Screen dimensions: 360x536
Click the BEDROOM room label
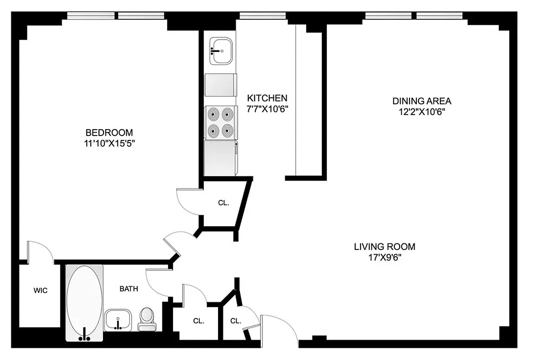point(109,133)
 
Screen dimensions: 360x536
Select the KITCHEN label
point(267,98)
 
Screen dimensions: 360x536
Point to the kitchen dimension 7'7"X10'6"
point(267,108)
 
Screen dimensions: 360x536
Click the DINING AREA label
point(421,101)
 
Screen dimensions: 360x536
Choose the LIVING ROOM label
point(384,247)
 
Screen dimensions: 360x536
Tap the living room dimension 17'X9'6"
point(384,258)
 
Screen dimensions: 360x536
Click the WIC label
point(40,291)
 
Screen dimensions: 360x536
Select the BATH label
point(129,289)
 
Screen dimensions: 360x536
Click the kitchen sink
point(221,51)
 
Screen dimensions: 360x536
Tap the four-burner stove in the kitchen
point(220,123)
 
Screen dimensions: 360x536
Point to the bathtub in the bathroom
point(85,301)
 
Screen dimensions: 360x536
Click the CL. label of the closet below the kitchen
point(223,203)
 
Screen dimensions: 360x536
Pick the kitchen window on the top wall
point(263,16)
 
